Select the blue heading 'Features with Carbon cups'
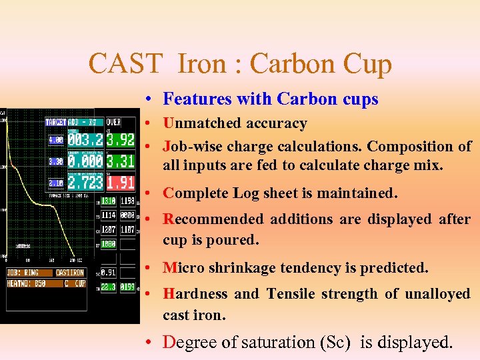271,99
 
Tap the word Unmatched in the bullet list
202,123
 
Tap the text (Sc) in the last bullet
336,342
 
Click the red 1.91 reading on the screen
121,183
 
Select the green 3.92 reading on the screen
121,140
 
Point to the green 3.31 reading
121,161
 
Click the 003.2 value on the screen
85,140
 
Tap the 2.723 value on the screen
85,183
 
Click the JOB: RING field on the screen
23,273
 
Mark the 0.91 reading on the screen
107,273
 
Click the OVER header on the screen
114,122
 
